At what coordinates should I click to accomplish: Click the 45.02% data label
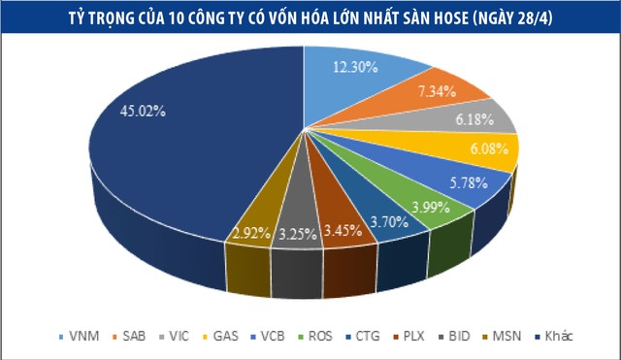click(x=142, y=111)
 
